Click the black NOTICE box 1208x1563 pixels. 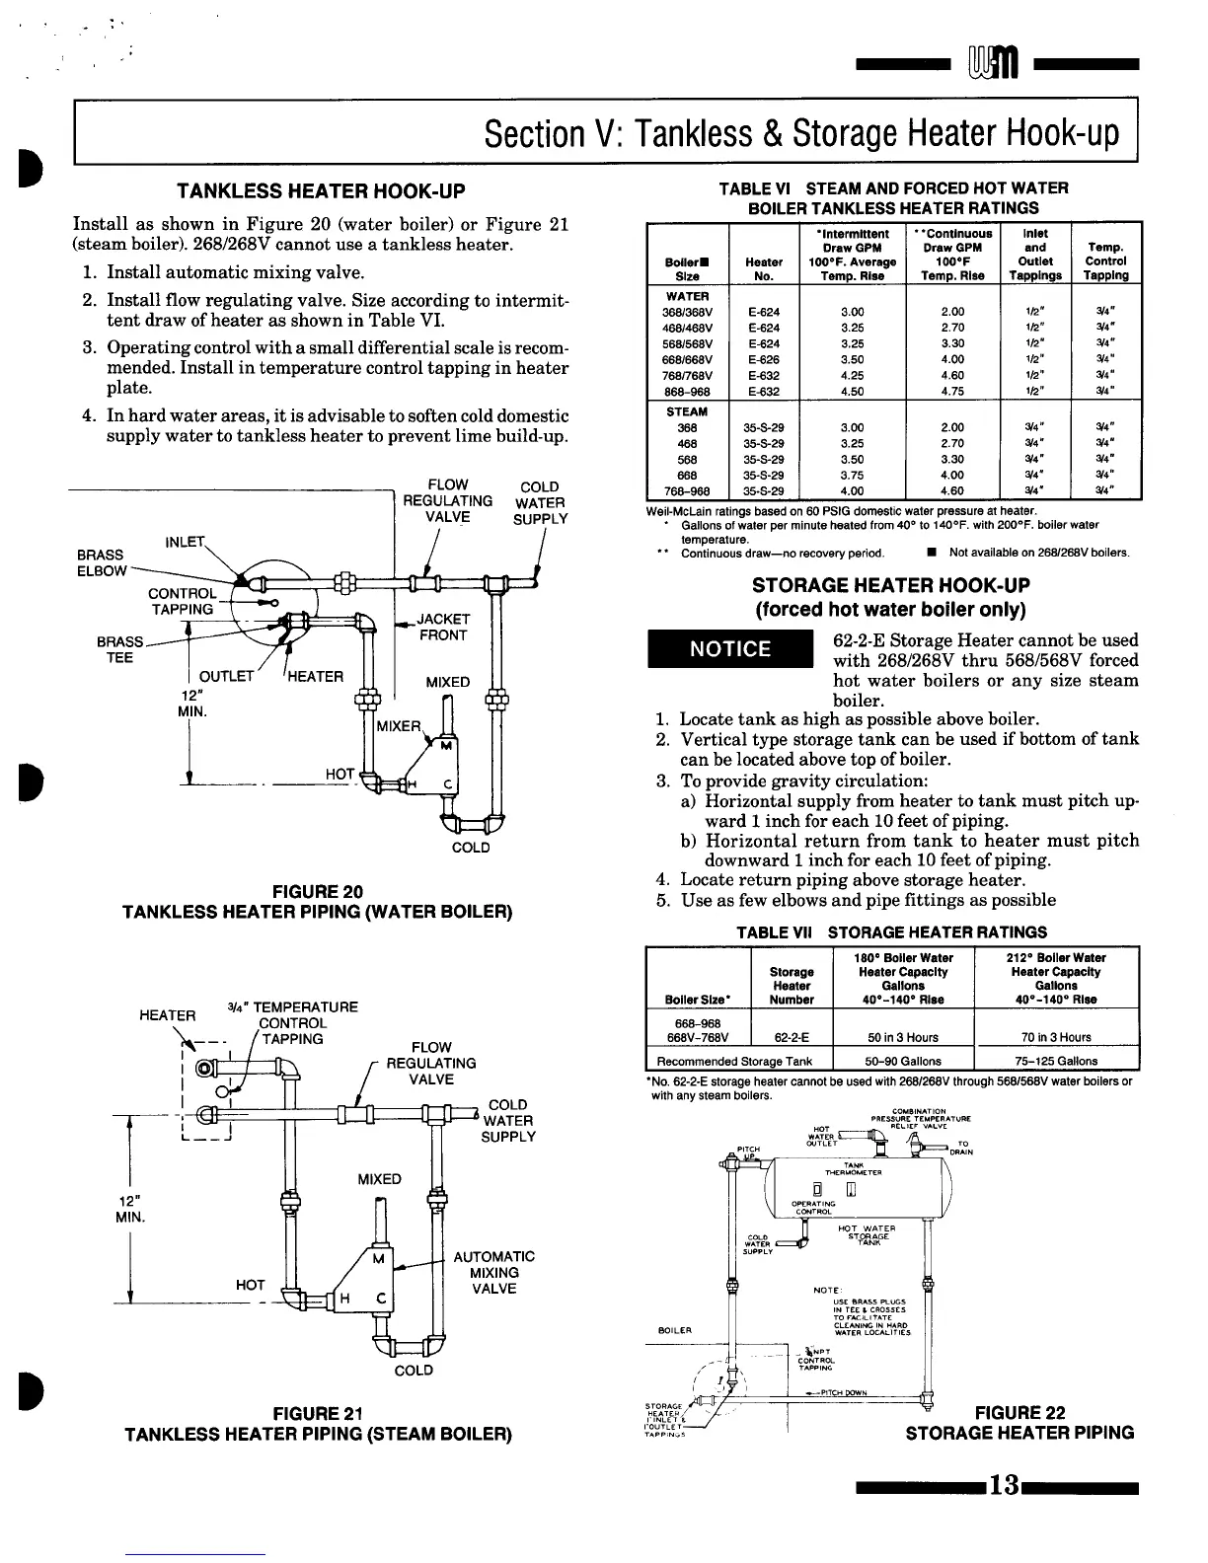pos(729,648)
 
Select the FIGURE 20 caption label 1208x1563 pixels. pos(318,892)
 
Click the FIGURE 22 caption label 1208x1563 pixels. pos(1019,1413)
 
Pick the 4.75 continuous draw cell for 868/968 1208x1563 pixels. pos(951,391)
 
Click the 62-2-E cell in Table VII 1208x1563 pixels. pos(792,1037)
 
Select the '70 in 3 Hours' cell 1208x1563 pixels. pos(1057,1037)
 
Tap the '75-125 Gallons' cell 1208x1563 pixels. pos(1057,1062)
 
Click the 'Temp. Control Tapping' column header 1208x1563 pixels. pos(1105,261)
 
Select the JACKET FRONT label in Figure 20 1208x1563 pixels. pos(443,627)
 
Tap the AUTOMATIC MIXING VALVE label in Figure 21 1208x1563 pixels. pos(493,1273)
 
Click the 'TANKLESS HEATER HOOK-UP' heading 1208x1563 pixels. pos(320,190)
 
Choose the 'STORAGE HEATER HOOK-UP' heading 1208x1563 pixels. pos(890,586)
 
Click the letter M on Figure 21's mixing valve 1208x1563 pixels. pos(377,1258)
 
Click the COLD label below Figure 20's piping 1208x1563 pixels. pos(470,848)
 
